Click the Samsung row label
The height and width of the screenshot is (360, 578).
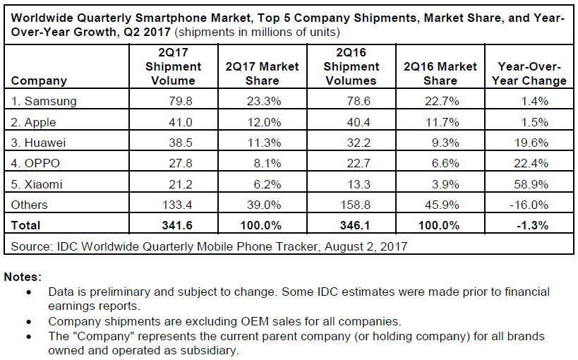coord(44,100)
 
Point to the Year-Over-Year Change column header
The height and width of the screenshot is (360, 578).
coord(532,73)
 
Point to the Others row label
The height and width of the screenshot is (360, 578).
coord(30,205)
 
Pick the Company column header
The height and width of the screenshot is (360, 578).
coord(40,80)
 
